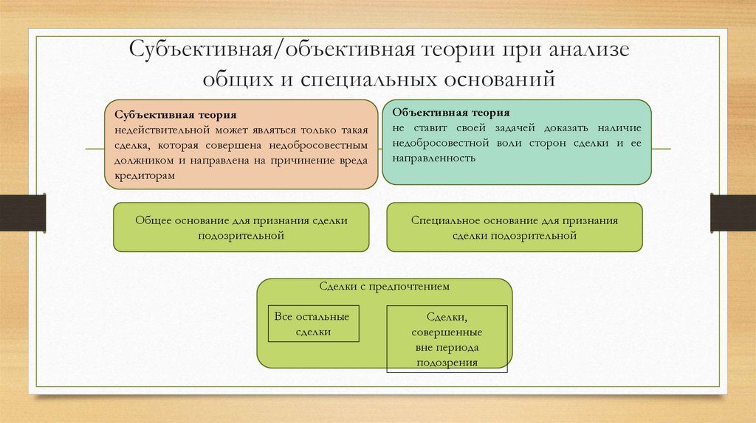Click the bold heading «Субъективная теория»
click(176, 115)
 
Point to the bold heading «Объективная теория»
click(451, 113)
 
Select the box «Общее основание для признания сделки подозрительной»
click(241, 227)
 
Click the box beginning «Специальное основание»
click(514, 227)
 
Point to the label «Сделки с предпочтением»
click(384, 286)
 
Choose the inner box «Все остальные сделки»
click(312, 324)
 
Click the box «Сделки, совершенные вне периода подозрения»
click(447, 337)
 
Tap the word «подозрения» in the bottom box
click(447, 363)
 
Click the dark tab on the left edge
click(22, 212)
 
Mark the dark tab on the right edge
click(732, 212)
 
